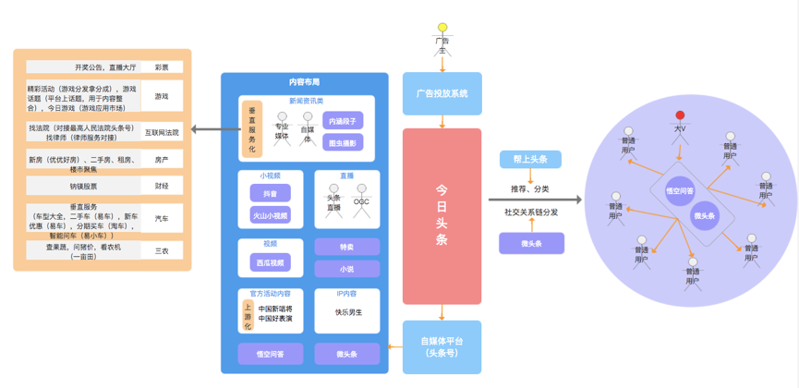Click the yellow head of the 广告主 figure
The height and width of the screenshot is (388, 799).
tap(442, 28)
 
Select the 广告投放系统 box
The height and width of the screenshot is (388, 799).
tap(442, 93)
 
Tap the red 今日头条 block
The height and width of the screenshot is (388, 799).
tap(442, 215)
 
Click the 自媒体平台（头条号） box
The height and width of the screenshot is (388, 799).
tap(442, 346)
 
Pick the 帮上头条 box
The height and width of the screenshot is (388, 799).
tap(530, 160)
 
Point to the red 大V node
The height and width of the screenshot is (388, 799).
tap(681, 116)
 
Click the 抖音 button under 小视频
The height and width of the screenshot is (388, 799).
tap(270, 193)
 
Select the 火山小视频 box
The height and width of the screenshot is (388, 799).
tap(270, 216)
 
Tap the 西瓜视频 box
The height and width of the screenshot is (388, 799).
tap(270, 262)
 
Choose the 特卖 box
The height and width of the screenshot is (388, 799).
tap(346, 248)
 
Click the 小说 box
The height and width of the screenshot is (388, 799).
tap(346, 269)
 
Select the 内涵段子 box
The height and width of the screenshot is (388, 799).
tap(343, 121)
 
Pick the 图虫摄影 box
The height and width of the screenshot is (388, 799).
tap(343, 142)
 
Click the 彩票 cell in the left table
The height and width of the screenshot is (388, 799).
tap(162, 67)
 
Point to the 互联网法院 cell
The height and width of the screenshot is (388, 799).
tap(162, 132)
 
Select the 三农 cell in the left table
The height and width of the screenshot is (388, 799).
tap(162, 250)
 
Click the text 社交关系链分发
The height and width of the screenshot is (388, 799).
tap(531, 212)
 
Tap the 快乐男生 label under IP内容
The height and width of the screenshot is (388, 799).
tap(347, 312)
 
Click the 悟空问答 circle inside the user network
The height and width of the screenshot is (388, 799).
tap(680, 190)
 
